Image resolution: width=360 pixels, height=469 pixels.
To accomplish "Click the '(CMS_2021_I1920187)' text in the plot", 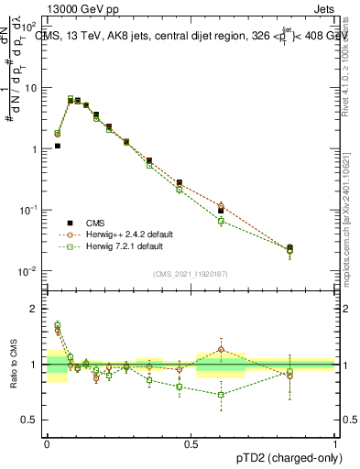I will pos(191,273).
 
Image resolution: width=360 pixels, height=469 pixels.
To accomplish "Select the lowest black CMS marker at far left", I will pos(57,146).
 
